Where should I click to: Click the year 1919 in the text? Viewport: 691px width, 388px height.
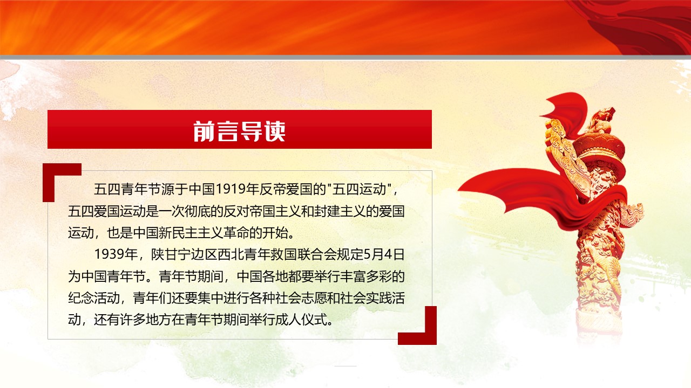coord(230,189)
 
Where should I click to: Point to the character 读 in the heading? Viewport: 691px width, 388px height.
coord(274,131)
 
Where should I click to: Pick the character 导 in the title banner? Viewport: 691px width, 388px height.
coord(251,131)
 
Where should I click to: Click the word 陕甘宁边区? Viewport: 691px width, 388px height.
coord(184,254)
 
